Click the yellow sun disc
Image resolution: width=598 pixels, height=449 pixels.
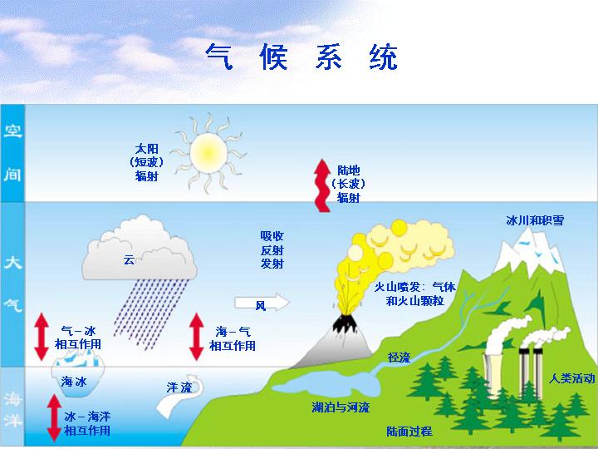tap(208, 153)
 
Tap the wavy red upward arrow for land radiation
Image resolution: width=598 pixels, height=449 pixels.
tap(322, 185)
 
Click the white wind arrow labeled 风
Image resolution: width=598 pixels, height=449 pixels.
tap(262, 303)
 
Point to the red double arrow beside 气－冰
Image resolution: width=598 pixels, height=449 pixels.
tap(42, 337)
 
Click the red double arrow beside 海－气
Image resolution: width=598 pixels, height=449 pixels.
tap(196, 337)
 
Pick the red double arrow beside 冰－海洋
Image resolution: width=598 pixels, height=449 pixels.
tap(54, 417)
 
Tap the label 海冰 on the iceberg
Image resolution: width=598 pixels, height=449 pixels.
tap(74, 382)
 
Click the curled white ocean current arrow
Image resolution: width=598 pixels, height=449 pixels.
tap(179, 397)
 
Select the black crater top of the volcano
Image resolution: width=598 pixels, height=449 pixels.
tap(345, 323)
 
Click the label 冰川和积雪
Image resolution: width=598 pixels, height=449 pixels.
tap(535, 220)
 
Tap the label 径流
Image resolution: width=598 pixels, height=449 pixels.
tap(399, 358)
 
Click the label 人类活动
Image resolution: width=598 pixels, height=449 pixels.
tap(571, 378)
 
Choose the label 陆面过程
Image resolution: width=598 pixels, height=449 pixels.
tap(409, 432)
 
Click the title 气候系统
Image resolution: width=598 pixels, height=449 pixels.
tap(301, 57)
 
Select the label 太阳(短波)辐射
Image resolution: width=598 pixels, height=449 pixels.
tap(146, 162)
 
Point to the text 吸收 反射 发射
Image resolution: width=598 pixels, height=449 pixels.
tap(272, 250)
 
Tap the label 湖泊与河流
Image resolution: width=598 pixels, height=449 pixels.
tap(341, 407)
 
